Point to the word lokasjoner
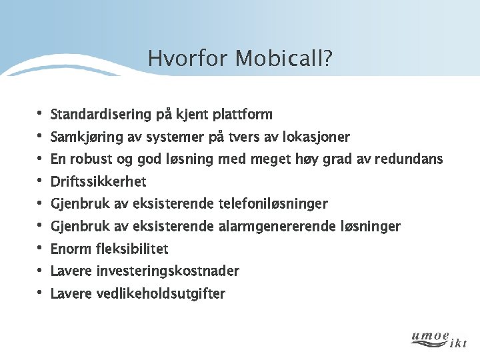(x=316, y=137)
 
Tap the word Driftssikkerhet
(x=98, y=181)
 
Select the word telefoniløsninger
(x=273, y=203)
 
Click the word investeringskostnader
(x=167, y=271)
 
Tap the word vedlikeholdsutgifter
(x=161, y=293)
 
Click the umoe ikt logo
(x=439, y=339)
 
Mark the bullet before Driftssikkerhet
(x=39, y=181)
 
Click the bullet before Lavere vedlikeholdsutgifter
(x=39, y=293)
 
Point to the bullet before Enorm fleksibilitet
(x=39, y=249)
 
